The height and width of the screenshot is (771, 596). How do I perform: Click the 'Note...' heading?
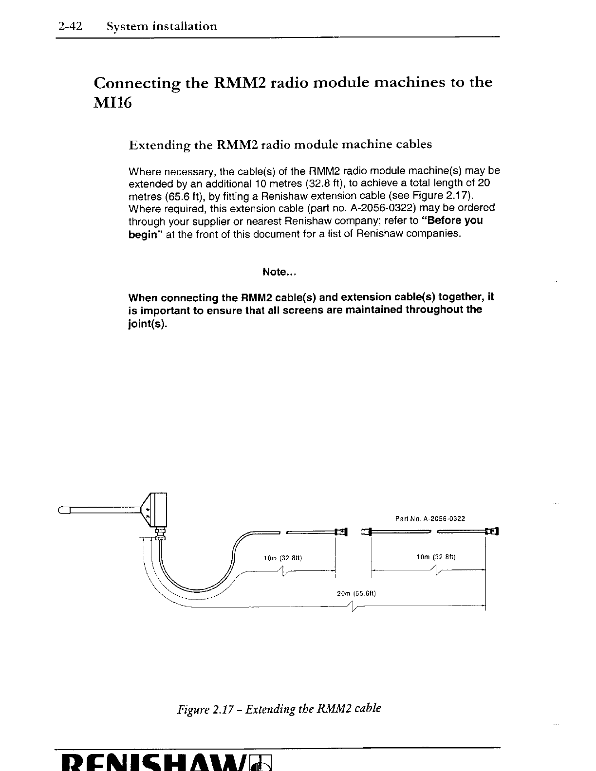tap(279, 272)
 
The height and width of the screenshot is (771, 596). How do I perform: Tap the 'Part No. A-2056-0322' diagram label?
tap(430, 519)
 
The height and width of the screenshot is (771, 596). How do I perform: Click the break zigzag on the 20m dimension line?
tap(352, 606)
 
